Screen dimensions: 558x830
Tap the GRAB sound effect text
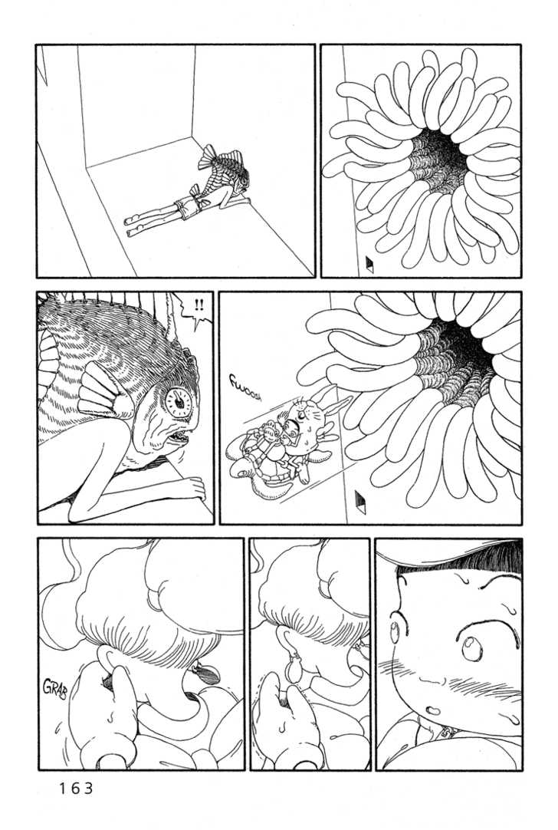55,687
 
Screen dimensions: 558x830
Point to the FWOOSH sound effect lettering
245,387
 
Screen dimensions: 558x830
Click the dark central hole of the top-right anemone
442,157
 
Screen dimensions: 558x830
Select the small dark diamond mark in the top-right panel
369,264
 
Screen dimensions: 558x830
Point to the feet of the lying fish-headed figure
131,225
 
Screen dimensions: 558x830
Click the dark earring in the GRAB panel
208,673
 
